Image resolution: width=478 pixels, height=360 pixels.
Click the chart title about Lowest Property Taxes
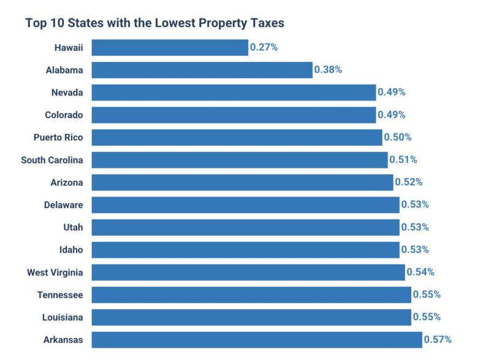[x=155, y=23]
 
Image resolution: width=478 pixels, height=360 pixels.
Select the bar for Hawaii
[x=170, y=47]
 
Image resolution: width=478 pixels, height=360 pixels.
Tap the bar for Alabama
[x=202, y=70]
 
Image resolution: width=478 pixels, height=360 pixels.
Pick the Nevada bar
[x=233, y=92]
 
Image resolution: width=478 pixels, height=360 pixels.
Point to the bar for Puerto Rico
[x=237, y=137]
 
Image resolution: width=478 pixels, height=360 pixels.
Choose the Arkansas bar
[x=257, y=339]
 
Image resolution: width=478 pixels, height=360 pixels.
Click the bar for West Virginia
[x=248, y=272]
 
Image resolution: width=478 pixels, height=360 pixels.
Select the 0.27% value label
[x=264, y=47]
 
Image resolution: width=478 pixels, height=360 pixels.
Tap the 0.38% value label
[x=328, y=70]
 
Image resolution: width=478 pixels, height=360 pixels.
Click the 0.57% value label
[x=438, y=339]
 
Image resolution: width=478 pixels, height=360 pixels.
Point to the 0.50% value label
[x=398, y=137]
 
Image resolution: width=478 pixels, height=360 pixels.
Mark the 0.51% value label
[x=403, y=160]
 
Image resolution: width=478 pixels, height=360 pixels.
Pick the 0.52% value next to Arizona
[x=409, y=182]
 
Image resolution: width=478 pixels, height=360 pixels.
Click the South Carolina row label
[x=52, y=160]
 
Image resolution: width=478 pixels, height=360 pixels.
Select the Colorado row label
[x=64, y=114]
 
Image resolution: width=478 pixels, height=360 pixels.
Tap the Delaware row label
[x=64, y=204]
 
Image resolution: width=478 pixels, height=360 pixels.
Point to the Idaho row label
[x=70, y=249]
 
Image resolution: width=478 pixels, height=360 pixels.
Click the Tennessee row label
[x=60, y=294]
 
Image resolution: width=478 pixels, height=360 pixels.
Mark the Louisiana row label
[x=63, y=317]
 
